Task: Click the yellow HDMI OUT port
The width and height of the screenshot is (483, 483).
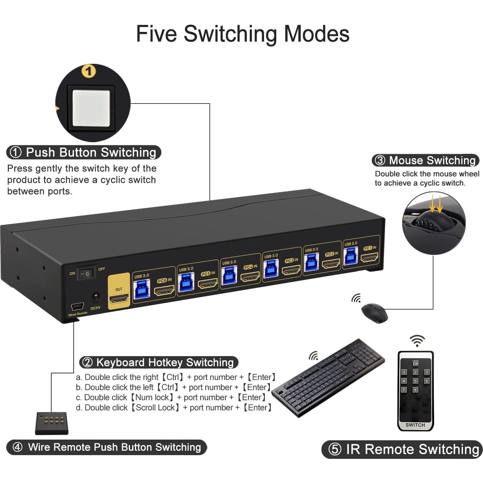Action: point(119,299)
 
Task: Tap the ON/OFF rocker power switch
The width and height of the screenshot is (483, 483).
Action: point(86,273)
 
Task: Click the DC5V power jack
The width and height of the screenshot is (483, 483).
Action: point(95,297)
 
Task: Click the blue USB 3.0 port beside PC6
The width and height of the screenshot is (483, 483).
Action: point(142,289)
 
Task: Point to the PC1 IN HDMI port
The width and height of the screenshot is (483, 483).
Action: point(369,257)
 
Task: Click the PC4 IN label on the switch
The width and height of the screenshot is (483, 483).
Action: point(250,267)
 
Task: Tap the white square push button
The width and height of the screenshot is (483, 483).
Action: point(91,108)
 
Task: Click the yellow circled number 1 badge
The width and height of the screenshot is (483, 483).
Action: point(89,71)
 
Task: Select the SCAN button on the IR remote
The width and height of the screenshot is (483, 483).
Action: point(415,363)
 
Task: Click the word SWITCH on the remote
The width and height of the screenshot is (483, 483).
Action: point(415,425)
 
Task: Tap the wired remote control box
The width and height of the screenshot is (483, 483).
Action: point(52,423)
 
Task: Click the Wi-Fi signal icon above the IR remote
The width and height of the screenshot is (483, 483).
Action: point(417,340)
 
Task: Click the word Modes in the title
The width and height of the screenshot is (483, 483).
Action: point(316,34)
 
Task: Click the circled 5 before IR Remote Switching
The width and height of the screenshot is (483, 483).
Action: point(334,449)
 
